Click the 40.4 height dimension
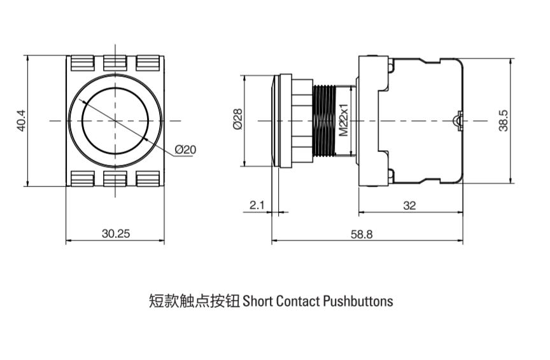point(21,121)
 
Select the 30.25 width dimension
point(116,233)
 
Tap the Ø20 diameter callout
point(185,149)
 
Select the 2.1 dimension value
point(257,205)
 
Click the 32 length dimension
point(410,205)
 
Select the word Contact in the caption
point(297,301)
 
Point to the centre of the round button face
point(115,120)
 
